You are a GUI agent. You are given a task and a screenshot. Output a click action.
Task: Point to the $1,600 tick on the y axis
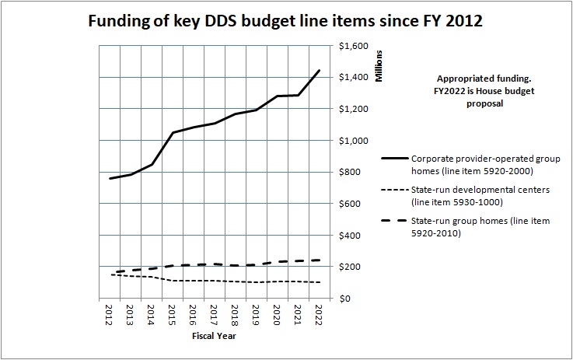354,46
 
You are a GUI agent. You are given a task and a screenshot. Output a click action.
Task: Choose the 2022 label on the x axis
319,315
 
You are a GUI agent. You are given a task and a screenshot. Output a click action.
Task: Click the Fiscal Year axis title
214,337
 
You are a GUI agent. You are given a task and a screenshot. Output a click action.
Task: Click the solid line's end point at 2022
319,71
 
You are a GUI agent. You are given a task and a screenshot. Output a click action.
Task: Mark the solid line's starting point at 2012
110,179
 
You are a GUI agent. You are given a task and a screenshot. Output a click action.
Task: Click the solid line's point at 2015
173,133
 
